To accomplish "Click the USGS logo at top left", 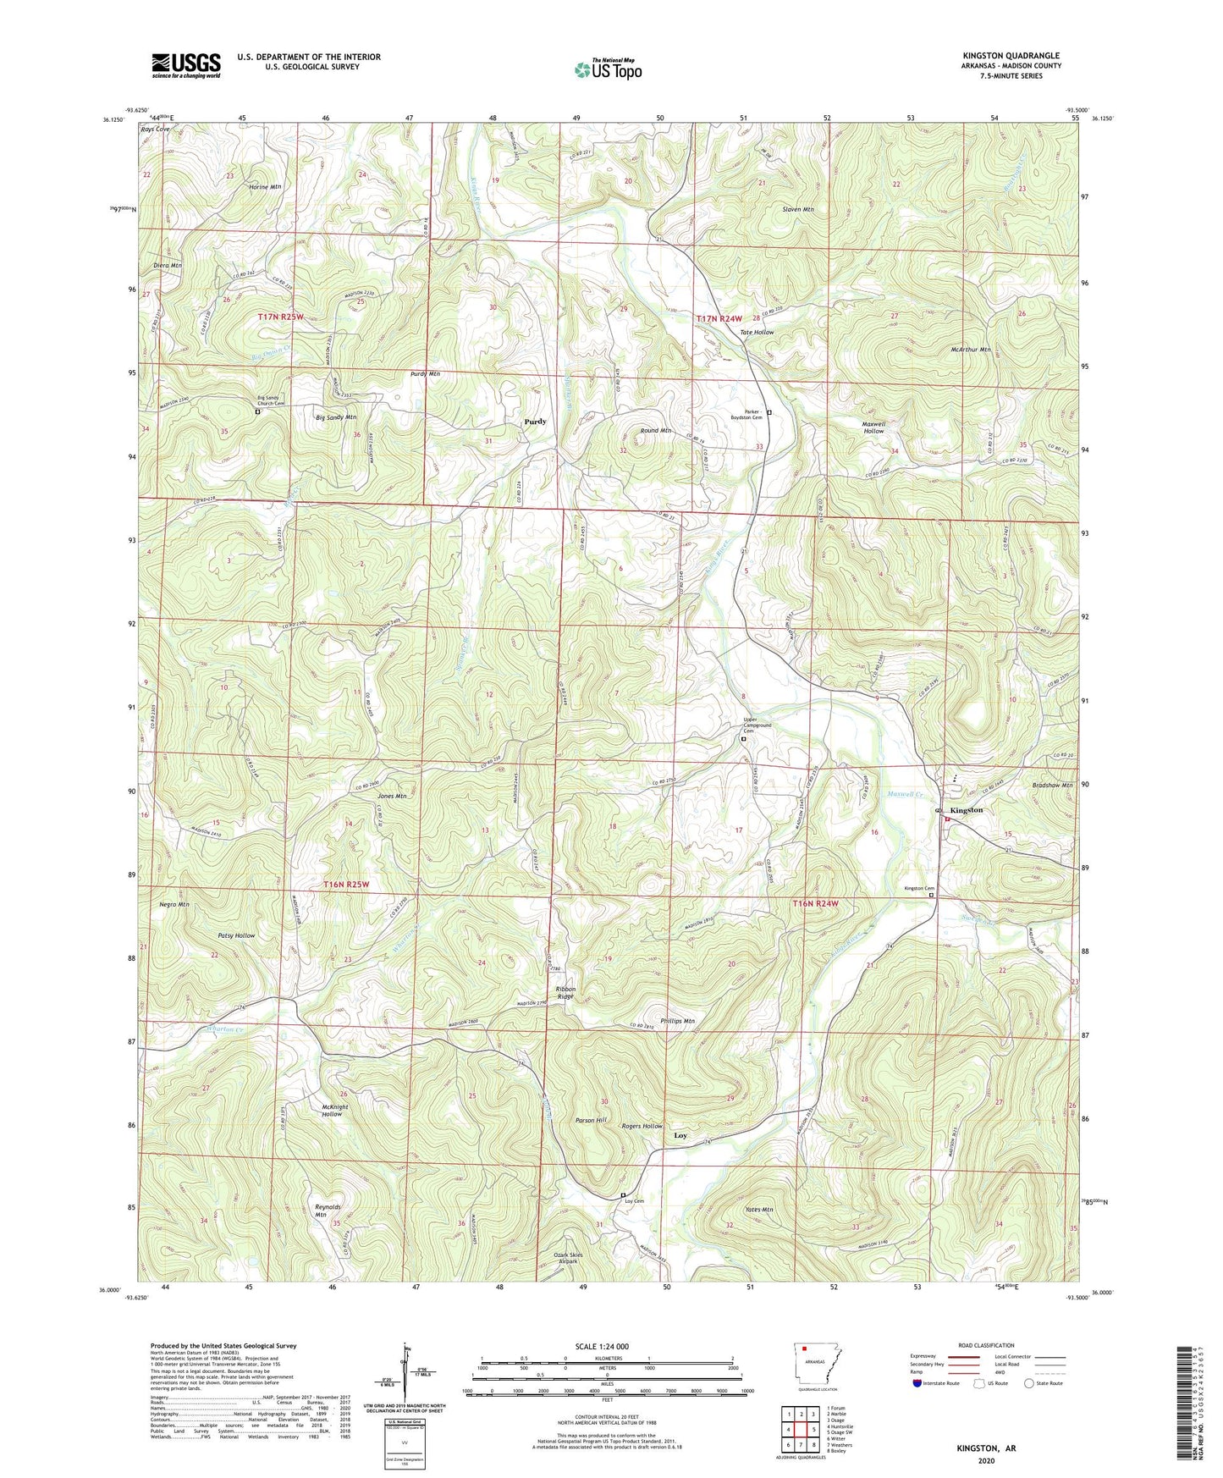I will [185, 65].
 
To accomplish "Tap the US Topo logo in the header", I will [607, 69].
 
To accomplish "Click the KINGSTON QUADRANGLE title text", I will [1010, 56].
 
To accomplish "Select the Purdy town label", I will [535, 422].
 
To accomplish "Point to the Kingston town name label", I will [967, 810].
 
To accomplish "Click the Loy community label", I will [680, 1135].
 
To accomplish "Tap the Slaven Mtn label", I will [797, 209].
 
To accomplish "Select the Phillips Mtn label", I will [676, 1022].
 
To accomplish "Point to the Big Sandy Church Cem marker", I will [258, 412].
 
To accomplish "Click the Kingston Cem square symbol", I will [933, 895].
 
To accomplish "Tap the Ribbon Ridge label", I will [565, 992].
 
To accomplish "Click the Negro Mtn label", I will [174, 905].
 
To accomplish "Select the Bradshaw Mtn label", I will [1051, 785].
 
